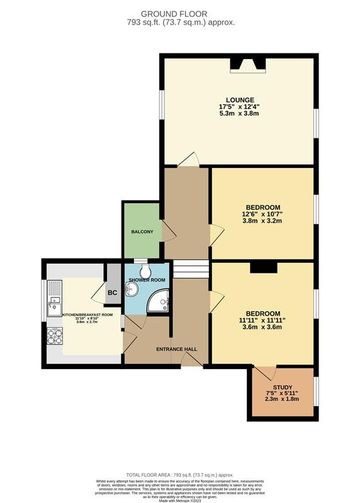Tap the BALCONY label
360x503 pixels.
[142, 232]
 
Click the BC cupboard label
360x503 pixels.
[113, 293]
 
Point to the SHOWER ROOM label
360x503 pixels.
[147, 280]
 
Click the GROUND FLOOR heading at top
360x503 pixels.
[179, 14]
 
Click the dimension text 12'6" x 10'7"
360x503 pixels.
[262, 214]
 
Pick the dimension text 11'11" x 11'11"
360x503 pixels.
[263, 320]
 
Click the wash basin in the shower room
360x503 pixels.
[132, 289]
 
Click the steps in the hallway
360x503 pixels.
[190, 270]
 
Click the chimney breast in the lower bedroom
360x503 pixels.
[263, 268]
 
